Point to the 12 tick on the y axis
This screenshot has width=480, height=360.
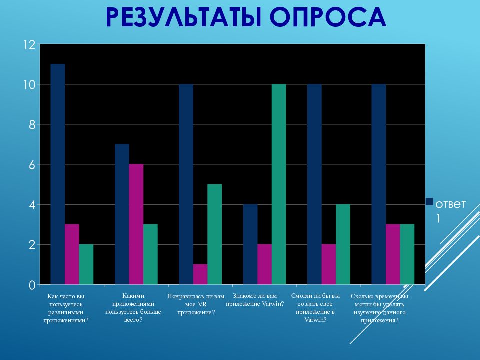click(30, 45)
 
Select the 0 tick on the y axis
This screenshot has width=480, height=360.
click(32, 285)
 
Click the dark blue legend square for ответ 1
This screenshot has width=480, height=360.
click(429, 201)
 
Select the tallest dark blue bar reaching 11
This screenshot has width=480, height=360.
click(58, 174)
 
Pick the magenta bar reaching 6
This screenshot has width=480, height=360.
click(136, 224)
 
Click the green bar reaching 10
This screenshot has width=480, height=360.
click(279, 184)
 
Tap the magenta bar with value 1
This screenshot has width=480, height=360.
click(200, 274)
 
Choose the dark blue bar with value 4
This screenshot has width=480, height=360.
click(250, 244)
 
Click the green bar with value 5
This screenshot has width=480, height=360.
click(215, 234)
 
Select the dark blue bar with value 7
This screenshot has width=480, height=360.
click(122, 214)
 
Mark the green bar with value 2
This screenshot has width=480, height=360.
click(86, 264)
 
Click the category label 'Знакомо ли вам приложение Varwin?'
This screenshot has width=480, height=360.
click(255, 300)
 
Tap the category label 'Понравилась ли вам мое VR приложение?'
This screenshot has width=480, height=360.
click(196, 304)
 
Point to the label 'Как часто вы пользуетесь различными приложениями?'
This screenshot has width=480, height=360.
click(66, 308)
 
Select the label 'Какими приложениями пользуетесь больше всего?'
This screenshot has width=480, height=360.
click(133, 308)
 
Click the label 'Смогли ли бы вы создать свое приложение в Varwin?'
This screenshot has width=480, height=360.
click(315, 308)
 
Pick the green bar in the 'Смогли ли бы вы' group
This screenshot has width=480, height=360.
click(343, 244)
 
